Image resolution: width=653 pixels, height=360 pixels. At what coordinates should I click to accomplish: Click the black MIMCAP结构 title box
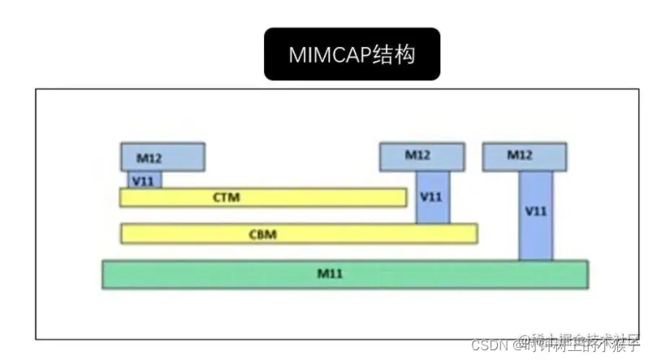(x=352, y=54)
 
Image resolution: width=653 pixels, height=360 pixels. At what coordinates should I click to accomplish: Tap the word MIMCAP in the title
(x=324, y=54)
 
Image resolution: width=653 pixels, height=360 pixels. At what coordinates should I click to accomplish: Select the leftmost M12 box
(x=162, y=156)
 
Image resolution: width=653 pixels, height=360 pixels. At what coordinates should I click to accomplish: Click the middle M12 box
(x=422, y=156)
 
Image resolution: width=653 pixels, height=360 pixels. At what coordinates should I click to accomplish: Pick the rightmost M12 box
(x=523, y=156)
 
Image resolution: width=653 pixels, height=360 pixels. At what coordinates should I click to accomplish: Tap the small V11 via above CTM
(x=145, y=179)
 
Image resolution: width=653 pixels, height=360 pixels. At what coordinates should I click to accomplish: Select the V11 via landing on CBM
(x=432, y=197)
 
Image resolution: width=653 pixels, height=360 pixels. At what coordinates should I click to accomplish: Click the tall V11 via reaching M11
(x=535, y=215)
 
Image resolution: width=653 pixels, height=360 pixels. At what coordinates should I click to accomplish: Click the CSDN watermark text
(x=487, y=344)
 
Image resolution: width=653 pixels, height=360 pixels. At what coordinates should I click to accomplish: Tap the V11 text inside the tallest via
(x=535, y=210)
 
